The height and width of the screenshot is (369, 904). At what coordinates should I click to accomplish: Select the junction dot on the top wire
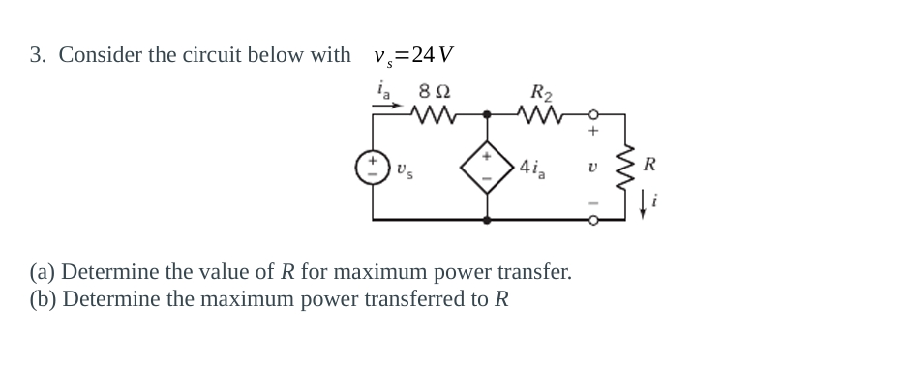486,117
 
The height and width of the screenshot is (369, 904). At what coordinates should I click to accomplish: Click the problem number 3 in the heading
35,55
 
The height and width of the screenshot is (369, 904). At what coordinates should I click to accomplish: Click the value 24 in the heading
423,55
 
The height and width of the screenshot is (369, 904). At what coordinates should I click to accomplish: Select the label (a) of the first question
43,271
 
